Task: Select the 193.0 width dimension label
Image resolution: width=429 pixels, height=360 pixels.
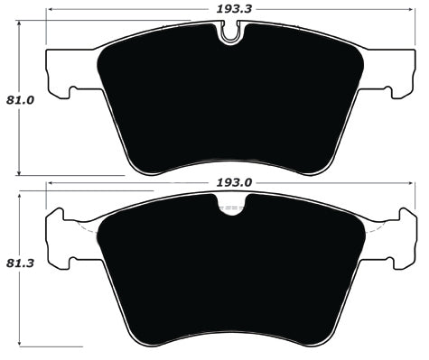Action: pos(233,181)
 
